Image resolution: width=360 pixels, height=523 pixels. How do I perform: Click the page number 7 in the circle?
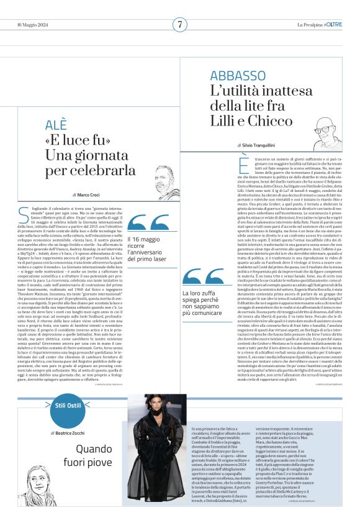179,24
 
